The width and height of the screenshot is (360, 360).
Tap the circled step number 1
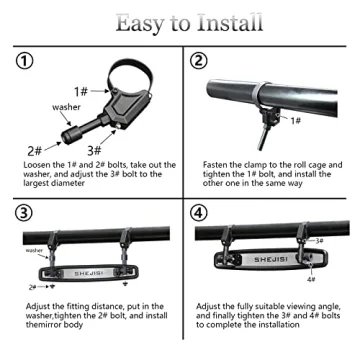pos(25,62)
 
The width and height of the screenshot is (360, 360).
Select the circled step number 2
pos(197,62)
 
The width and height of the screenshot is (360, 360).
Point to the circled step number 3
pos(25,214)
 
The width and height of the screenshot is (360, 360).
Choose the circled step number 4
pos(197,214)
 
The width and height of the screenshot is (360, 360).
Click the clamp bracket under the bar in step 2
pos(267,112)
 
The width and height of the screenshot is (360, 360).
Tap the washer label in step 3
pos(35,250)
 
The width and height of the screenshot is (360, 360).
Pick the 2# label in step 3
pos(32,286)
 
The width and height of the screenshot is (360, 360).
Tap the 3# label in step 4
pos(320,241)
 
